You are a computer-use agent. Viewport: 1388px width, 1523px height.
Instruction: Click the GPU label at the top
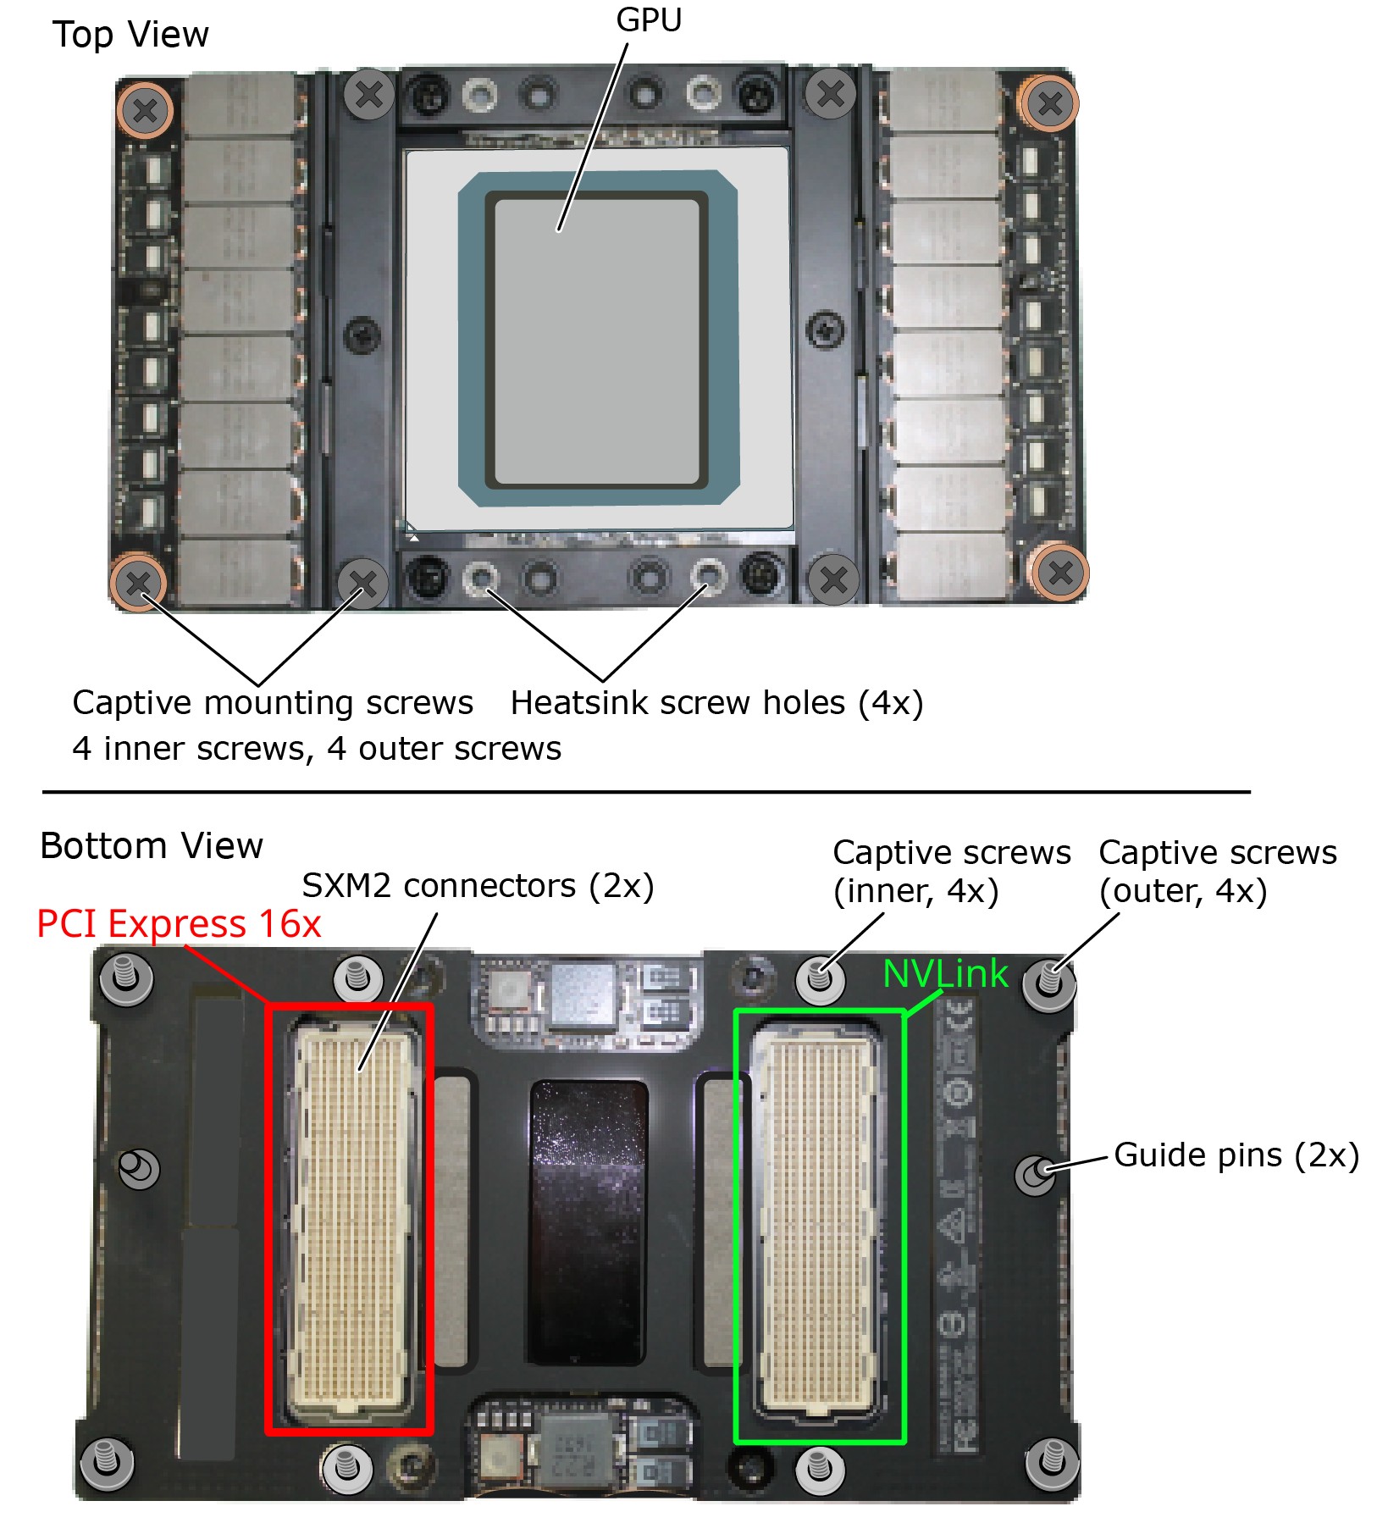point(649,19)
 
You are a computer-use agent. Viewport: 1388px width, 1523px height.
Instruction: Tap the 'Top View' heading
point(130,35)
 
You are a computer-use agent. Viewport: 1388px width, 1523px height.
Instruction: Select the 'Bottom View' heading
point(152,845)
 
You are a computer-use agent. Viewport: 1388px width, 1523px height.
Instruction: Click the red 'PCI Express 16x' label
point(179,923)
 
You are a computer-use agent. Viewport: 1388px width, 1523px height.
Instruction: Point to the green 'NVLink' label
point(945,973)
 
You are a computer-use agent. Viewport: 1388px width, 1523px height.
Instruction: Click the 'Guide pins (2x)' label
point(1236,1155)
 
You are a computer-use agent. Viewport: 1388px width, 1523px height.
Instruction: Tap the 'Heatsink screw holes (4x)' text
point(716,703)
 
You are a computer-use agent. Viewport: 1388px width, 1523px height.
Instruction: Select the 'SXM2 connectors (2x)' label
point(478,886)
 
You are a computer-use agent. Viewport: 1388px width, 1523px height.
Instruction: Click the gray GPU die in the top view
point(597,343)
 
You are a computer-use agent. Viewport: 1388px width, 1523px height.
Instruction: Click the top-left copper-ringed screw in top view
point(145,110)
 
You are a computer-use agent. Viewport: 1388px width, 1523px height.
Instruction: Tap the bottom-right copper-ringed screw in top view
point(1059,573)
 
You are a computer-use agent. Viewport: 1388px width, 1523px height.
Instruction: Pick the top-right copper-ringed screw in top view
point(1050,104)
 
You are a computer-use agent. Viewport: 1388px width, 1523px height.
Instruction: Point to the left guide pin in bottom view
point(137,1169)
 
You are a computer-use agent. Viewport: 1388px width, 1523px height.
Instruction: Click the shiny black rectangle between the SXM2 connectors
point(588,1222)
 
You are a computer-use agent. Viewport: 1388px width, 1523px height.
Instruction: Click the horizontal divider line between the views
point(646,792)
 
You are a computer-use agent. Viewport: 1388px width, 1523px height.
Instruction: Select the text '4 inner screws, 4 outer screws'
point(317,749)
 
